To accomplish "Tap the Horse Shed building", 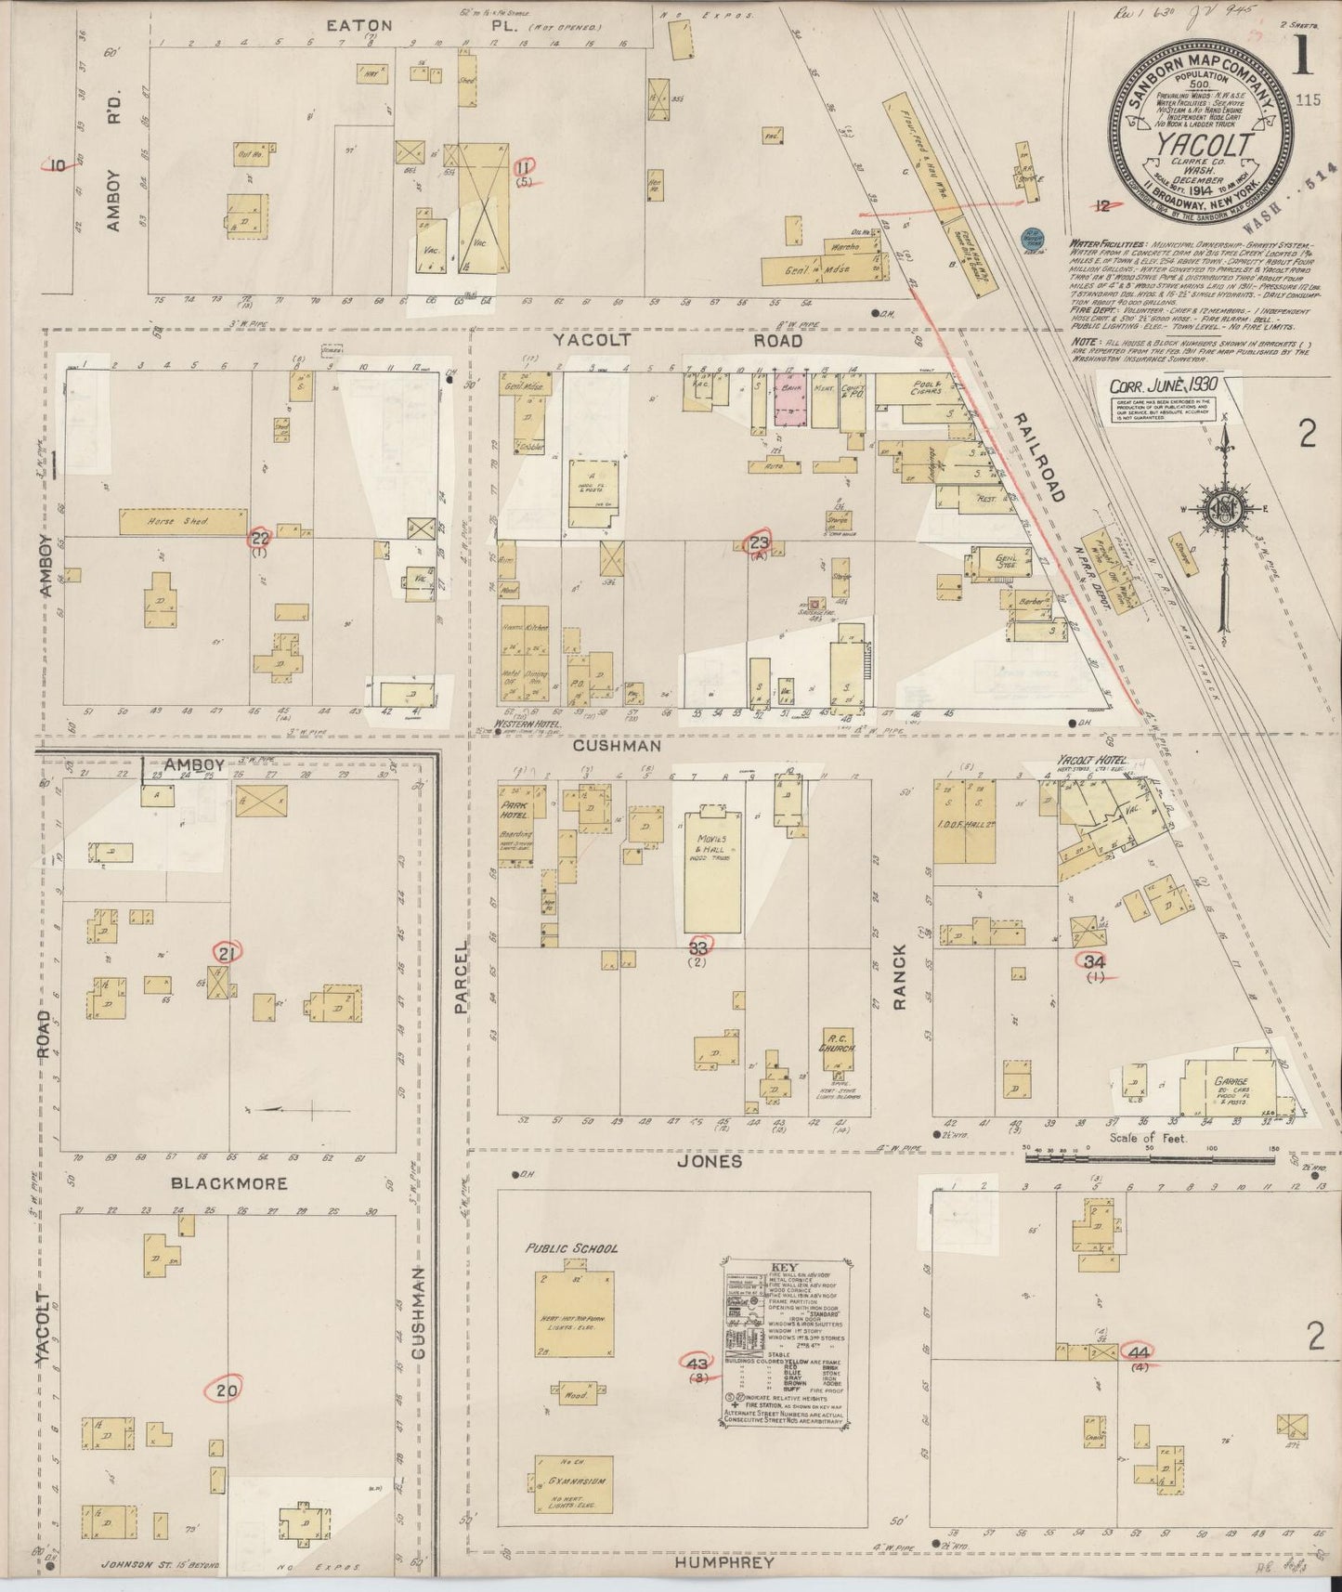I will [183, 521].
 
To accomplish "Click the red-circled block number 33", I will [699, 946].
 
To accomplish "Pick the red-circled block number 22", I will [261, 538].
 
